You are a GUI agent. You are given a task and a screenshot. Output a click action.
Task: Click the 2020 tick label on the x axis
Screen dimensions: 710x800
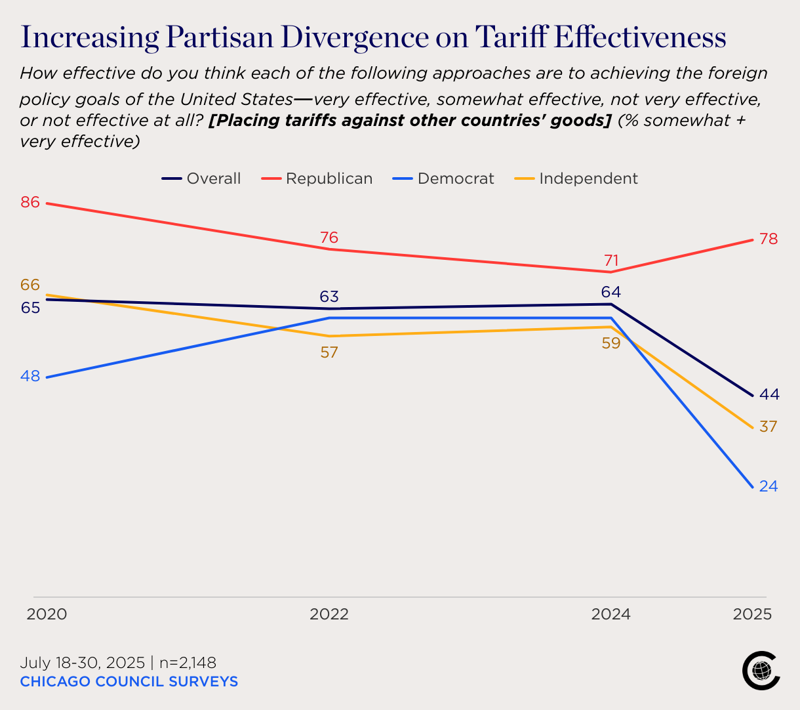[x=47, y=614]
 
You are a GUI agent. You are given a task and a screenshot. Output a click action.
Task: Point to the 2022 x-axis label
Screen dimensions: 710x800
[x=329, y=614]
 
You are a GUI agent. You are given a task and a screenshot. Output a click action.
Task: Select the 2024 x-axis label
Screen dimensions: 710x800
[x=611, y=614]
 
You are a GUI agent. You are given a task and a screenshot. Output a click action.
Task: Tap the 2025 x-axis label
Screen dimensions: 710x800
[x=752, y=614]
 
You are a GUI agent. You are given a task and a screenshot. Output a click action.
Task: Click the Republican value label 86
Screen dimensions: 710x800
[x=30, y=202]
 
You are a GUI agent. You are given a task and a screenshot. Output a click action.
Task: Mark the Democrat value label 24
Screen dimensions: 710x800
[x=769, y=486]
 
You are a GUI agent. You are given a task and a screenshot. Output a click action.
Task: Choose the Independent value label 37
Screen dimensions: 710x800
[x=769, y=427]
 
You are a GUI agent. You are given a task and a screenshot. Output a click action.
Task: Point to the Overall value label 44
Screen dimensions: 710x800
[x=769, y=394]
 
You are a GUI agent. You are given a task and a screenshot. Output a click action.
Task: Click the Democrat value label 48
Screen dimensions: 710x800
[x=30, y=376]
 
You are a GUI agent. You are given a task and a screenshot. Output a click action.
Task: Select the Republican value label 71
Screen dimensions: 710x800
[x=611, y=261]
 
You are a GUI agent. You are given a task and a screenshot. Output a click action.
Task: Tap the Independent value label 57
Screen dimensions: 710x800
[x=329, y=352]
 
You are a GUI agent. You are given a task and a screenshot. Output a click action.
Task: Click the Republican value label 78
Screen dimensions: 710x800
[x=769, y=239]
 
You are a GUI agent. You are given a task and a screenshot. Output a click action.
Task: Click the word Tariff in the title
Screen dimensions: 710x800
[x=511, y=37]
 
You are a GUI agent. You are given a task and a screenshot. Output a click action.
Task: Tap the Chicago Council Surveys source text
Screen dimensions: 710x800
[x=129, y=682]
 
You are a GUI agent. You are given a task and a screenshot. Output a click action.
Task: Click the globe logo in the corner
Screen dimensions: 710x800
[x=761, y=671]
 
